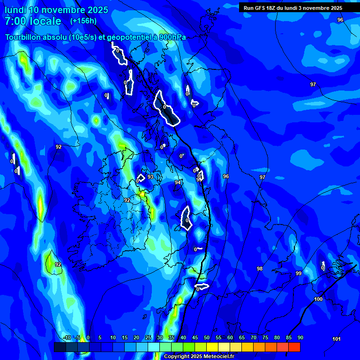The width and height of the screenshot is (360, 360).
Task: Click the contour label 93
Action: click(150, 177)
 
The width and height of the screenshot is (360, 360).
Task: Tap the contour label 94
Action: click(178, 182)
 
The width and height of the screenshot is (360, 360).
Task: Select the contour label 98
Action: click(260, 269)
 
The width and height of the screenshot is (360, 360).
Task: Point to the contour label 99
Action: click(299, 273)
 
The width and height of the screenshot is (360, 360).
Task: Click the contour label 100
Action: click(318, 299)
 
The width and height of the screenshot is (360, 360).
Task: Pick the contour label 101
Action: click(336, 339)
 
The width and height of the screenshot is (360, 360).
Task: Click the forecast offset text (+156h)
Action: click(83, 21)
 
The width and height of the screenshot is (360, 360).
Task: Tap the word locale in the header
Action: click(44, 21)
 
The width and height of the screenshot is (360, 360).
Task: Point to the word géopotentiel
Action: click(127, 37)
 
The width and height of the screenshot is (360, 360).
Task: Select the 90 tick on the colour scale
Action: click(300, 337)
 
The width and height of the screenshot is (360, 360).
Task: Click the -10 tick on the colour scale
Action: click(67, 337)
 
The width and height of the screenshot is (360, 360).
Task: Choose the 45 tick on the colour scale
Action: click(195, 337)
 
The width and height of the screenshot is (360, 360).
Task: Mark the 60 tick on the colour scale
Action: click(230, 337)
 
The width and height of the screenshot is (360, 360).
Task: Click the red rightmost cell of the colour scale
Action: click(294, 347)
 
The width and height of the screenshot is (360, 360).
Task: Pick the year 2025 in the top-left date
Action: click(94, 10)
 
